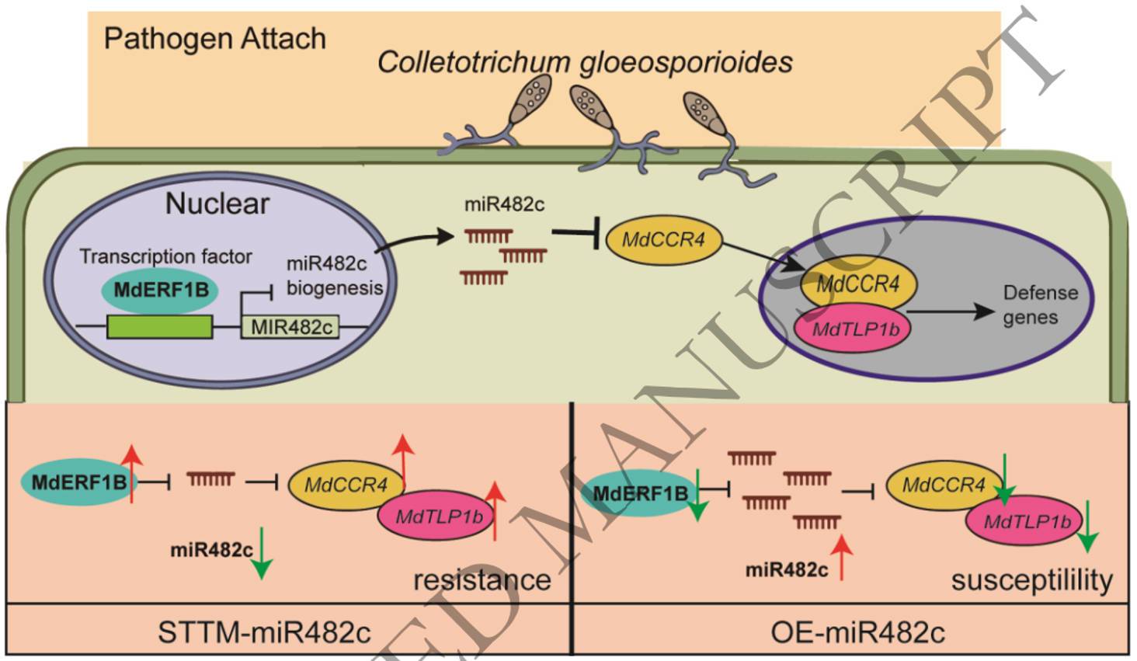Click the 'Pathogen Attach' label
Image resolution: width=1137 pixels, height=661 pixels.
coord(214,39)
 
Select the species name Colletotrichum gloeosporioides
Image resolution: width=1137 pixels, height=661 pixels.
coord(585,63)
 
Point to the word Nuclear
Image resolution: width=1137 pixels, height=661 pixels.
coord(217,204)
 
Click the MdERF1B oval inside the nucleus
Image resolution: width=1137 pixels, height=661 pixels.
coord(161,290)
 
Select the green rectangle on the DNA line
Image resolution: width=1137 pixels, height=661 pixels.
coord(159,326)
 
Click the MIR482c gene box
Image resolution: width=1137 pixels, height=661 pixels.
coord(290,327)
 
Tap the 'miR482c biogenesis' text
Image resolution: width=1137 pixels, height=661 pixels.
coord(335,276)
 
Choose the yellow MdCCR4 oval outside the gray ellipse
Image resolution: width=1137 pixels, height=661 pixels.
coord(663,240)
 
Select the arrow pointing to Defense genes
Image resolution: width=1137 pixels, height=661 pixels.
coord(950,312)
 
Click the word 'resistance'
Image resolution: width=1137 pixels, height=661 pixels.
coord(482,579)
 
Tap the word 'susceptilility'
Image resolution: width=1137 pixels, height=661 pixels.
coord(1032,579)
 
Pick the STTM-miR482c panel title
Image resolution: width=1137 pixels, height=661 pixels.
coord(265,632)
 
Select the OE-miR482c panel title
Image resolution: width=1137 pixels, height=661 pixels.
coord(858,632)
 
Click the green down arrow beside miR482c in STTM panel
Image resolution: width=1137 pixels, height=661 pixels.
coord(262,553)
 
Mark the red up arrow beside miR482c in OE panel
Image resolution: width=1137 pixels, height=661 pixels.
coord(841,557)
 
